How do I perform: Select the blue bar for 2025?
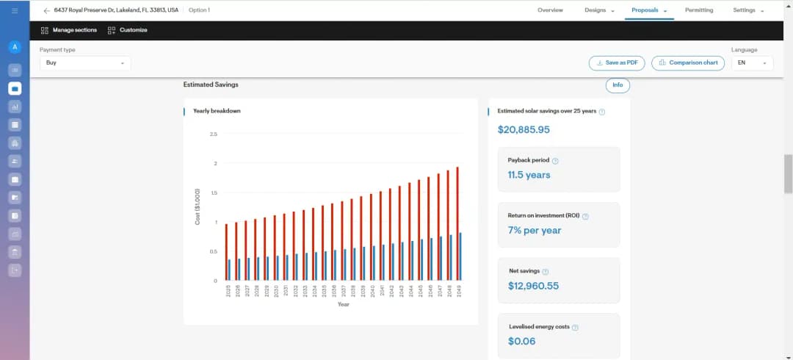pyautogui.click(x=229, y=270)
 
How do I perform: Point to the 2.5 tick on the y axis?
pyautogui.click(x=213, y=134)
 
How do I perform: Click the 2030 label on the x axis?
pyautogui.click(x=276, y=291)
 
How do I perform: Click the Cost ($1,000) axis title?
pyautogui.click(x=198, y=206)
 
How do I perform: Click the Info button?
pyautogui.click(x=618, y=85)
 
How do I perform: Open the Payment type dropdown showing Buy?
pyautogui.click(x=85, y=63)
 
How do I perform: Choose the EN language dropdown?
pyautogui.click(x=752, y=63)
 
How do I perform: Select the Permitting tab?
pyautogui.click(x=698, y=10)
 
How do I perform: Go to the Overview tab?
pyautogui.click(x=550, y=10)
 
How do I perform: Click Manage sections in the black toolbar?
pyautogui.click(x=69, y=30)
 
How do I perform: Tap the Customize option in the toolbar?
pyautogui.click(x=128, y=30)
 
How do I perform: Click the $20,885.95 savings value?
pyautogui.click(x=524, y=130)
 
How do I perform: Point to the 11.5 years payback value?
pyautogui.click(x=529, y=175)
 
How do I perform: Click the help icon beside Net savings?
pyautogui.click(x=546, y=272)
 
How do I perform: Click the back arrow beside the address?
pyautogui.click(x=47, y=10)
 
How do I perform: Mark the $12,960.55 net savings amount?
pyautogui.click(x=533, y=286)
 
